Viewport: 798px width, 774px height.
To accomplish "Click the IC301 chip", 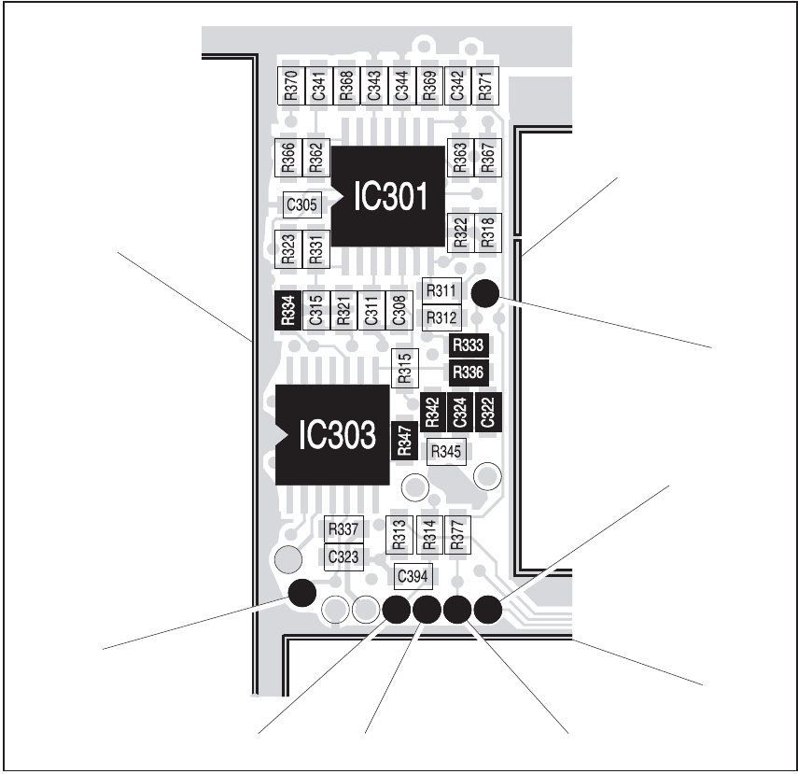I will tap(389, 196).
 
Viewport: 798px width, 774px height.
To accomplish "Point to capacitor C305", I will tap(301, 204).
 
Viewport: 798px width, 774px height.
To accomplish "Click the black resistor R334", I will tap(288, 309).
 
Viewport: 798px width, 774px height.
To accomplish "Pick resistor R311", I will tap(441, 291).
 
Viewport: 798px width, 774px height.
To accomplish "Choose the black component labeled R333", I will tap(467, 345).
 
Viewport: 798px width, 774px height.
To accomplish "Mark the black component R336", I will tap(467, 373).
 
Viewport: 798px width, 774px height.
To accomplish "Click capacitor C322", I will tap(486, 412).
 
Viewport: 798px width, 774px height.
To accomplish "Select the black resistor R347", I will tap(404, 439).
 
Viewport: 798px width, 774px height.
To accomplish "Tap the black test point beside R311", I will tap(484, 293).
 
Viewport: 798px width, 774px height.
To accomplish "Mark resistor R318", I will tap(486, 232).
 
